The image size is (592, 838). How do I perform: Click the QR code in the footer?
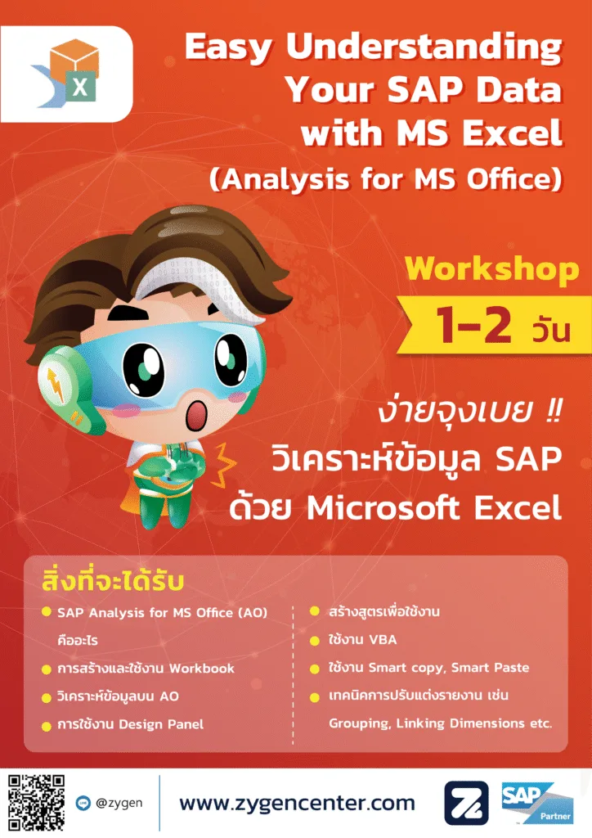pos(36,802)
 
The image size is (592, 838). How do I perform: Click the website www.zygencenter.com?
pos(297,803)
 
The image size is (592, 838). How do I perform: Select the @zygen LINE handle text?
pos(119,803)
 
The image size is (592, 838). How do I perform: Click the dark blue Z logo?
pos(467,804)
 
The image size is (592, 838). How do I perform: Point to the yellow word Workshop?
pos(491,270)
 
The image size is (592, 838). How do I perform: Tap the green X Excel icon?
pos(80,86)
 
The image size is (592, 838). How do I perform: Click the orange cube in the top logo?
pos(74,56)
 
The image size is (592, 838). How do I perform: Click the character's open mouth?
pos(198,415)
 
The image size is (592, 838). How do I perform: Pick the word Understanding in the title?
pos(424,47)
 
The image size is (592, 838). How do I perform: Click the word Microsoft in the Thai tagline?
pos(383,507)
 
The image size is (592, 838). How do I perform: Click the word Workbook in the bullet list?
pos(202,669)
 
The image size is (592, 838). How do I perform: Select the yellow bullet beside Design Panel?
pos(47,725)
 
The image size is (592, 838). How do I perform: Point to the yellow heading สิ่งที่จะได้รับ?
pos(113,582)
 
